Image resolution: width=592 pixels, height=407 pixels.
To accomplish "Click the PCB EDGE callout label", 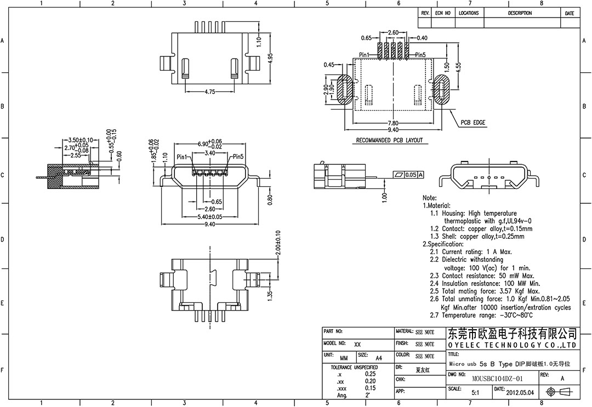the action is [473, 123].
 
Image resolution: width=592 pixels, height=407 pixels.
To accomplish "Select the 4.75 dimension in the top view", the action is [210, 91].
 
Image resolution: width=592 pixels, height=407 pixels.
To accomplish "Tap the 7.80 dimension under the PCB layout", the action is [393, 123].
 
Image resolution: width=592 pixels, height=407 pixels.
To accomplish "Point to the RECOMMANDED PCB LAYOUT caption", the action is [389, 140].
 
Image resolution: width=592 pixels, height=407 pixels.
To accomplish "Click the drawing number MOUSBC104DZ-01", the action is [497, 379].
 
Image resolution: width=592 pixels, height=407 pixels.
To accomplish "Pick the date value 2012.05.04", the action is [520, 392].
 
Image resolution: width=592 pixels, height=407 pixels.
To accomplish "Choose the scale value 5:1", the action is [475, 392].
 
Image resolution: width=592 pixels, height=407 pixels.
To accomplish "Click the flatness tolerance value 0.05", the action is [411, 175].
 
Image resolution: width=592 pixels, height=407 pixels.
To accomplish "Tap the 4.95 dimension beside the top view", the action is [270, 59].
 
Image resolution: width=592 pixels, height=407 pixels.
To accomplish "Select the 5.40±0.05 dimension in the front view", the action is [210, 217].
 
